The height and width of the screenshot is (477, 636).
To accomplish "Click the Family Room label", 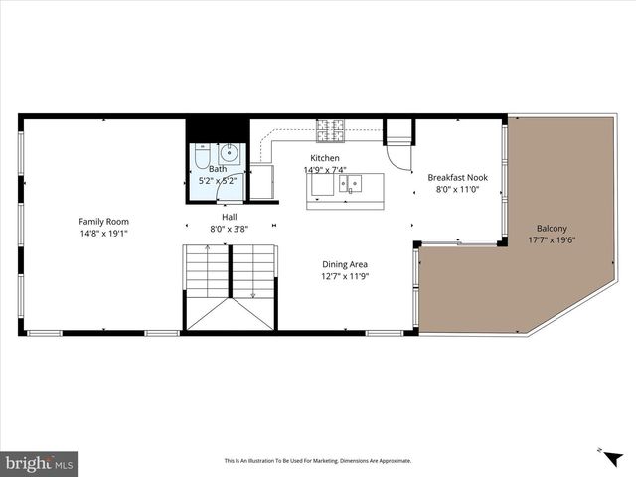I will click(104, 221).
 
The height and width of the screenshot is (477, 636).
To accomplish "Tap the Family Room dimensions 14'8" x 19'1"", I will click(104, 233).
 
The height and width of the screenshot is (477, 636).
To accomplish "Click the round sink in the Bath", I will click(230, 153).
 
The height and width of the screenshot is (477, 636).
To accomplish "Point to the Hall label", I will click(229, 217).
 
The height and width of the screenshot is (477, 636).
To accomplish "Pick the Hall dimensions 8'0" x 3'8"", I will click(229, 229).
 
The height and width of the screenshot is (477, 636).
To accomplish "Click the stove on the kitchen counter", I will click(330, 130).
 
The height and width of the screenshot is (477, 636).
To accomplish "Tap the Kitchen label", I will click(325, 158).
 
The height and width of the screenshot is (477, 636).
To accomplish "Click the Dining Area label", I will click(345, 264).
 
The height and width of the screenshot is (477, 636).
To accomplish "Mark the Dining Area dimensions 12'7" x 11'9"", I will click(345, 276).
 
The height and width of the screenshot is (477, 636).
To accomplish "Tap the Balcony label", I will click(553, 227).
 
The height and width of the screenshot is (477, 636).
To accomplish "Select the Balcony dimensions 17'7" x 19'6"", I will click(553, 238).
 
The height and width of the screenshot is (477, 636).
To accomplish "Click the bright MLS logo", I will click(40, 463).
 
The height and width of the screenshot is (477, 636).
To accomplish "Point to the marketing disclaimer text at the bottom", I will click(318, 461).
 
